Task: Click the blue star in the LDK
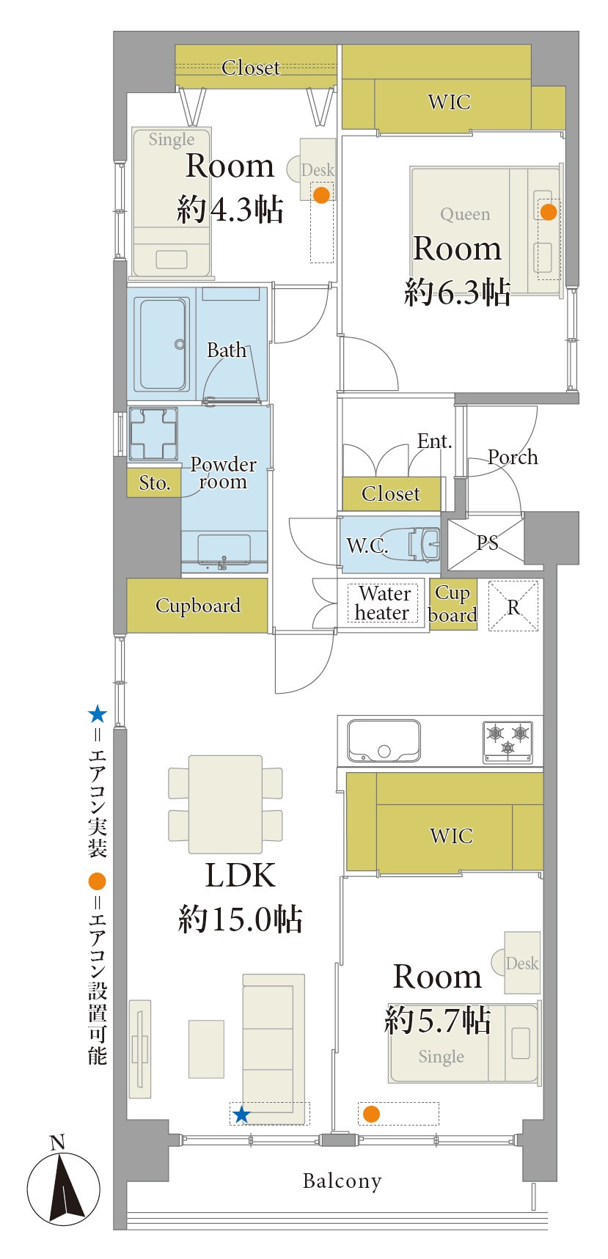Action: (241, 1115)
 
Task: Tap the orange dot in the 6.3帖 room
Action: (549, 212)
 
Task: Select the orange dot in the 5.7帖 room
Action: (371, 1114)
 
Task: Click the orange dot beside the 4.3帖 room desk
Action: (321, 194)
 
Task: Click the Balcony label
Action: (342, 1181)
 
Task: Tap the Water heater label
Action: (383, 603)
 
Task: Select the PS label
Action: (487, 543)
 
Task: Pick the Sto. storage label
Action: (154, 483)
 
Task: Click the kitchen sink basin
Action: (384, 740)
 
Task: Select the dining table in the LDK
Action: (225, 804)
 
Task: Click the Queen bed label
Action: (465, 214)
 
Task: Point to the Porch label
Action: (513, 458)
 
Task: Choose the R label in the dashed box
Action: (513, 606)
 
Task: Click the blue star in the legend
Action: (97, 714)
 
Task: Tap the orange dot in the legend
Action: (97, 881)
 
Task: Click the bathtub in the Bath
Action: (162, 343)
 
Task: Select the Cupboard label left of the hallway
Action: (197, 606)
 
